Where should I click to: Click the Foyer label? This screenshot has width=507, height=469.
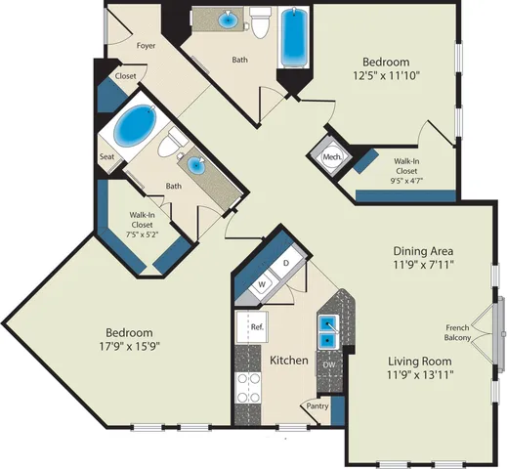pyautogui.click(x=146, y=46)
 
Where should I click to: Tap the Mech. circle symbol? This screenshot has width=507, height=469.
pyautogui.click(x=332, y=157)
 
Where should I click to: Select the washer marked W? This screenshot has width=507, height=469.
pyautogui.click(x=262, y=284)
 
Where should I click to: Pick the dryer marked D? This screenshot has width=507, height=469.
pyautogui.click(x=286, y=263)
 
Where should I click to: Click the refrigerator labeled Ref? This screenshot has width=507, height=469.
pyautogui.click(x=252, y=326)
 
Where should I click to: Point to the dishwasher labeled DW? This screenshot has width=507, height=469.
pyautogui.click(x=329, y=364)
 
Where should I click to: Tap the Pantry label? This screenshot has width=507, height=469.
pyautogui.click(x=317, y=406)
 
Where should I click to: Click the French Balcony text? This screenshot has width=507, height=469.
pyautogui.click(x=457, y=332)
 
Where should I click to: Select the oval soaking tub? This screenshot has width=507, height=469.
pyautogui.click(x=135, y=125)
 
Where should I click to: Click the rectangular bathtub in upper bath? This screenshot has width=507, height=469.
pyautogui.click(x=294, y=38)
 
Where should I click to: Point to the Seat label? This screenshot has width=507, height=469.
pyautogui.click(x=106, y=156)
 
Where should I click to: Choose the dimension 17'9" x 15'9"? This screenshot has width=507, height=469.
pyautogui.click(x=130, y=346)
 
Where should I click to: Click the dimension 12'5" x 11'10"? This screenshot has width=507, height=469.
pyautogui.click(x=386, y=75)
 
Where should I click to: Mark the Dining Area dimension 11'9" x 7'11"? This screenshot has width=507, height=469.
pyautogui.click(x=423, y=265)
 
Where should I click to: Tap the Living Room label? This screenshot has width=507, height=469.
pyautogui.click(x=420, y=362)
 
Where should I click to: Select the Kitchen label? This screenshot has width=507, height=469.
pyautogui.click(x=289, y=361)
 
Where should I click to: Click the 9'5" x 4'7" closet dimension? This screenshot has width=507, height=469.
pyautogui.click(x=406, y=181)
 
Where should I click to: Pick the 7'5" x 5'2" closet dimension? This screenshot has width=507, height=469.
pyautogui.click(x=142, y=234)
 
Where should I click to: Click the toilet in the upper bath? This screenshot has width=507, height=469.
pyautogui.click(x=260, y=22)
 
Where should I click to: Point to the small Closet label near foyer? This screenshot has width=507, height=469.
pyautogui.click(x=126, y=76)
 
